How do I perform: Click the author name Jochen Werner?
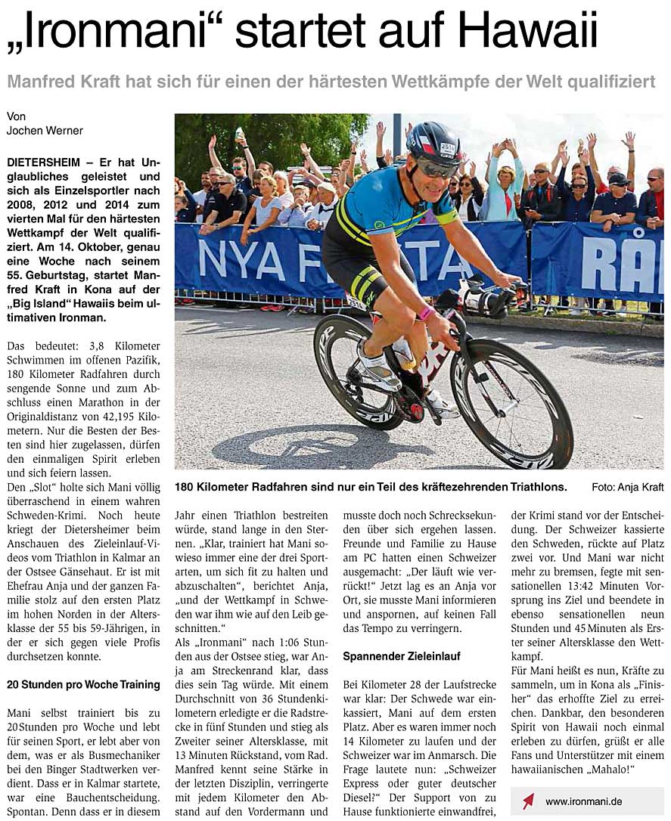pos(45,131)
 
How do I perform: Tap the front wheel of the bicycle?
pos(511,404)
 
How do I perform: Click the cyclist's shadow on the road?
pos(303,447)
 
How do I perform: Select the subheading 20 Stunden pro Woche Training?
pos(83,685)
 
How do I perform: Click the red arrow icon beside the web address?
pos(528,801)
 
